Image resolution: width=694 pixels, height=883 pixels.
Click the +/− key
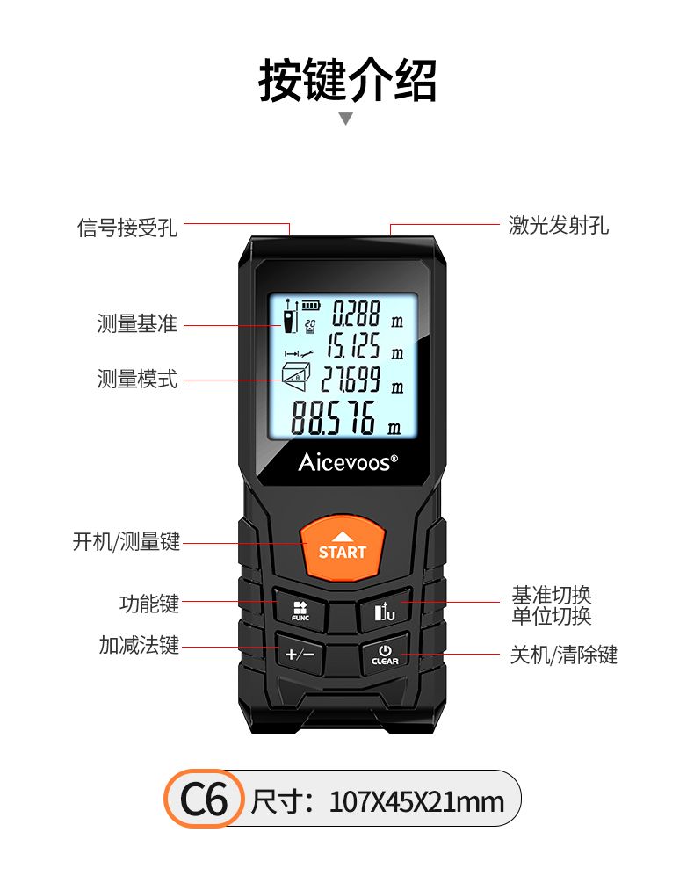[300, 654]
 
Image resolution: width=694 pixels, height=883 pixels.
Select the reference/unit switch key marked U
[385, 611]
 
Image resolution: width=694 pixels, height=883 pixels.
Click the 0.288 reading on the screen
[356, 314]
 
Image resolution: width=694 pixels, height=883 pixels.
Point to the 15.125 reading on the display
[353, 346]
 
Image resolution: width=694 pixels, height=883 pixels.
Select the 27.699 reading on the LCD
[351, 379]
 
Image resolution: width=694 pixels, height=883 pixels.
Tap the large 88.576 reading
[333, 418]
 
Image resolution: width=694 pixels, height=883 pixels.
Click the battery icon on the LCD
[310, 305]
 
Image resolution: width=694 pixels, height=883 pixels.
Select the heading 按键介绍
[347, 81]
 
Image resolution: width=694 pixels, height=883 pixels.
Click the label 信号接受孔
[127, 228]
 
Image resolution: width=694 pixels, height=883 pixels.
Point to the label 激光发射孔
[559, 225]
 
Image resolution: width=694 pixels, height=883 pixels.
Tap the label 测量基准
[137, 324]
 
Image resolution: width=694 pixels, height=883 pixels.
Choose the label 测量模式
[137, 379]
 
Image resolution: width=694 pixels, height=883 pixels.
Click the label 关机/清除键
[563, 655]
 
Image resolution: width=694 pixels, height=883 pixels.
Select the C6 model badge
[204, 799]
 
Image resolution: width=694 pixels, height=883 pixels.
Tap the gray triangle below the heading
[346, 119]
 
